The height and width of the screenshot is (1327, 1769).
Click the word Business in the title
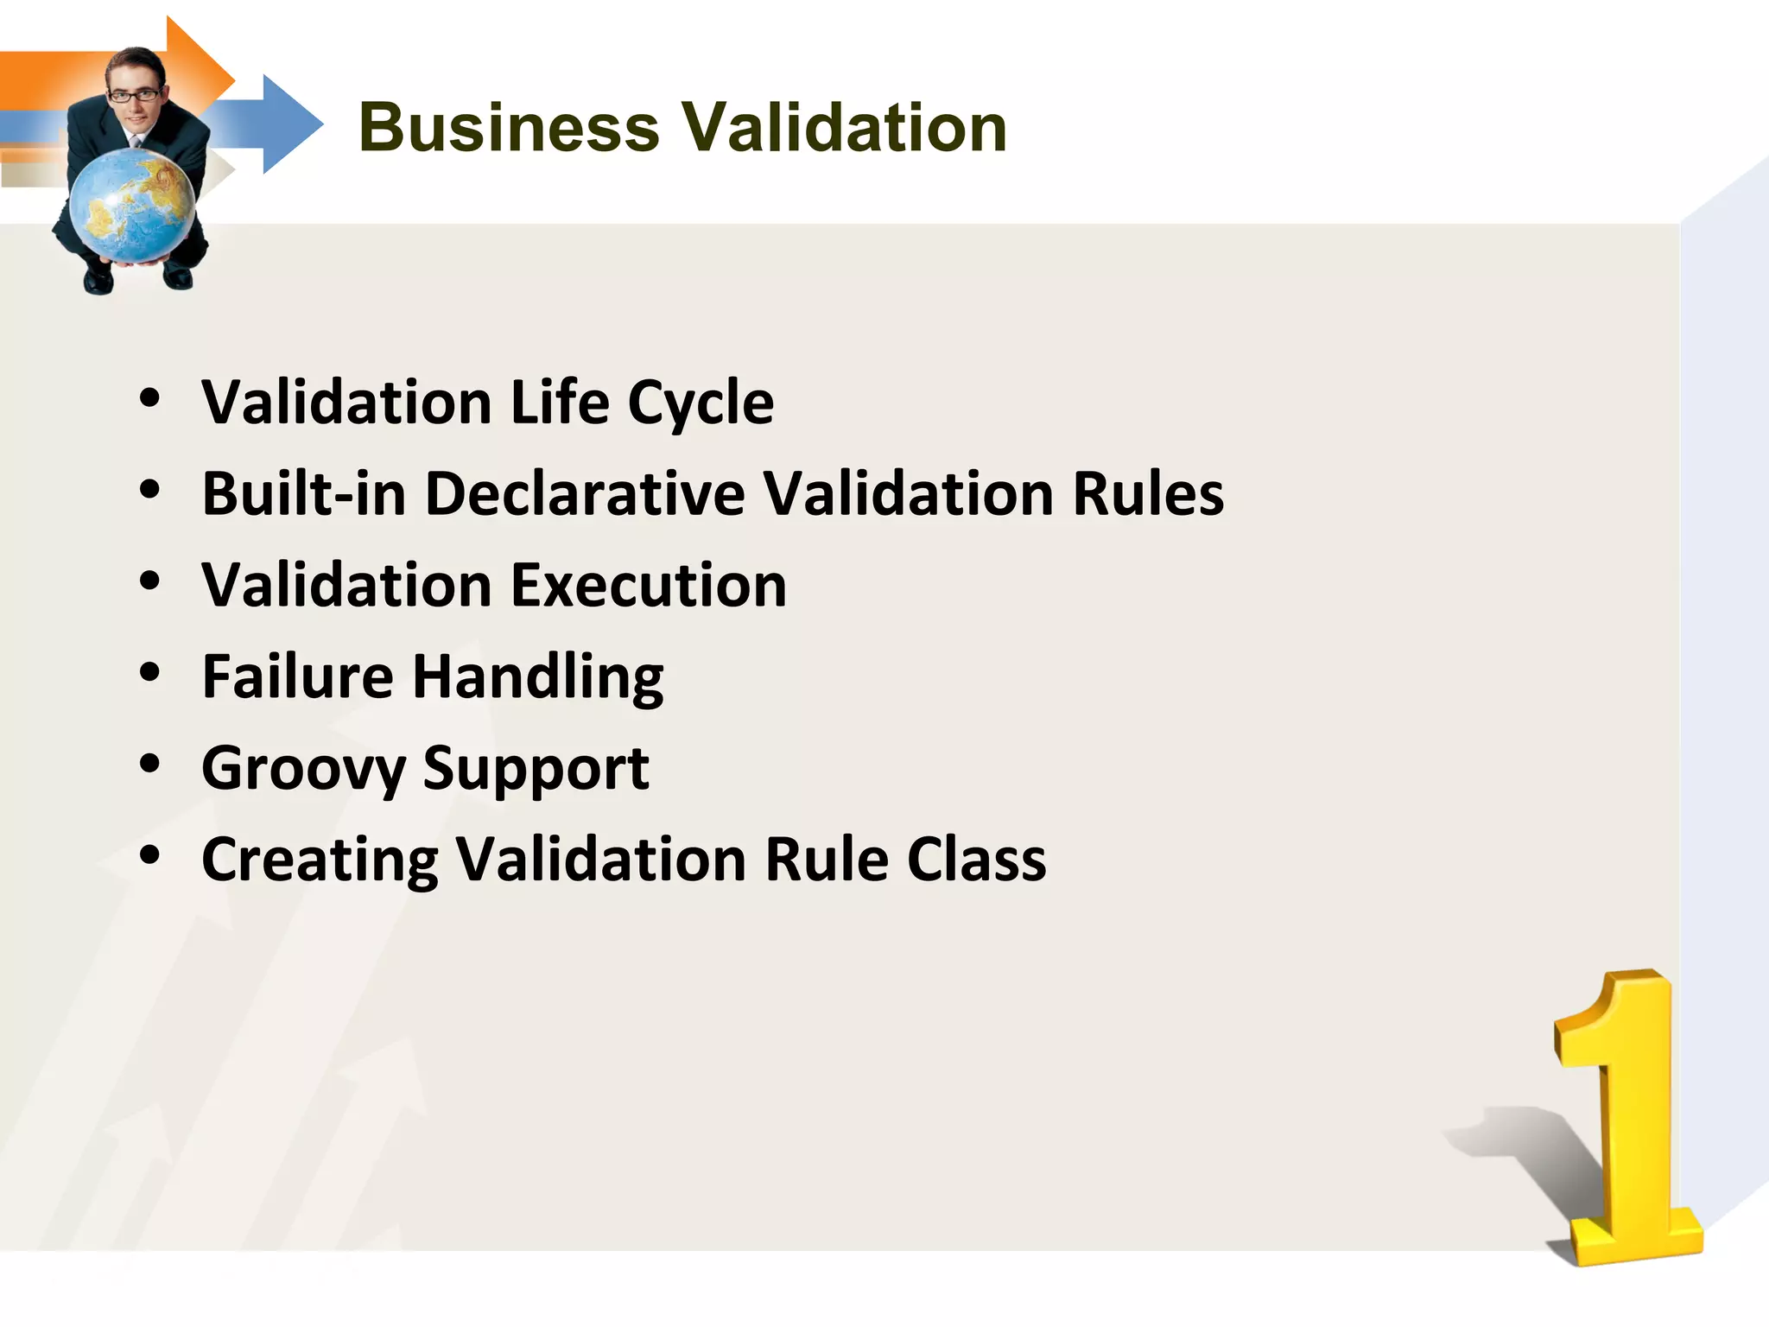[509, 127]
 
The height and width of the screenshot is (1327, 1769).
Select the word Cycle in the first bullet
[701, 403]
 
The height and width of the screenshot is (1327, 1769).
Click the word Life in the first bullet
[560, 403]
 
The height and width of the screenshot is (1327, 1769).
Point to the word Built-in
[304, 494]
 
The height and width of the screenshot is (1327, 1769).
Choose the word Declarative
[585, 494]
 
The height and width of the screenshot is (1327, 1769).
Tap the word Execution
[649, 586]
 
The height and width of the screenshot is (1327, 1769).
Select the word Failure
[298, 676]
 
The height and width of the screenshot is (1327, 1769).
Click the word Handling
[538, 678]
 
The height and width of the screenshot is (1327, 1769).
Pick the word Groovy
[303, 770]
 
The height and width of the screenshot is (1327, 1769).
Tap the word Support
[536, 770]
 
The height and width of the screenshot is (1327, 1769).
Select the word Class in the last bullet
[976, 860]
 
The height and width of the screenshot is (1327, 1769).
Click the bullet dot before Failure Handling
[150, 673]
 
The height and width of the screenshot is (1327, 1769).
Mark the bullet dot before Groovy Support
[150, 764]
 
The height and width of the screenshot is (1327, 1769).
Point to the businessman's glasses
[135, 95]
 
